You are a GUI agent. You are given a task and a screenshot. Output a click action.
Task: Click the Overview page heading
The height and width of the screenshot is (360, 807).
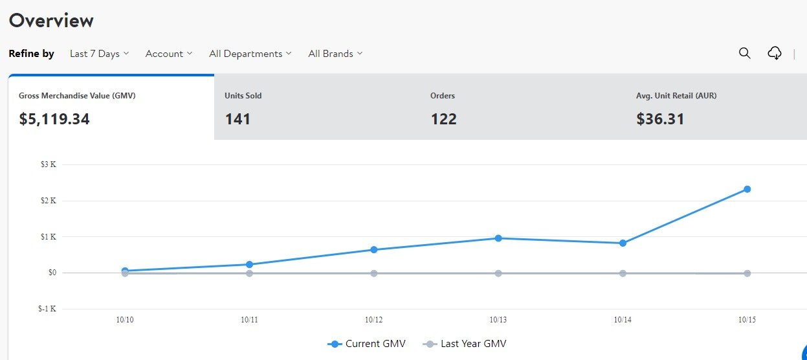point(51,21)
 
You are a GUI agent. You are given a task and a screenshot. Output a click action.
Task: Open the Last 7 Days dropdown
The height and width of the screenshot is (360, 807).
point(99,54)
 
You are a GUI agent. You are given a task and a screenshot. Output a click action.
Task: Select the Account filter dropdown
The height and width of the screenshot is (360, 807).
point(168,54)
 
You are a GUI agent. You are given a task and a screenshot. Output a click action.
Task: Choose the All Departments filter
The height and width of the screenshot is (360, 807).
point(250,54)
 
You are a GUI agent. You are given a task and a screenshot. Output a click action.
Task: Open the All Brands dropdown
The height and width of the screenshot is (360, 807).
point(335,54)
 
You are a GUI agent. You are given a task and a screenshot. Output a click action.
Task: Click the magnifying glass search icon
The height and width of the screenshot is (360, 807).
point(745,53)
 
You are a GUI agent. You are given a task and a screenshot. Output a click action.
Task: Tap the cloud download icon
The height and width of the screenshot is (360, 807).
point(775,53)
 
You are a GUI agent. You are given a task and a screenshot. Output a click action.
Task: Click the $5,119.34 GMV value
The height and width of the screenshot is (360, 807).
point(54,119)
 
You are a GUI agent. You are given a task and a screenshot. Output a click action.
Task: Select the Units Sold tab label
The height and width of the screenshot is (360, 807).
point(243,96)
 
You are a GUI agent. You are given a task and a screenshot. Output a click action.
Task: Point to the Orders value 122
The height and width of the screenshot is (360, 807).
point(444,119)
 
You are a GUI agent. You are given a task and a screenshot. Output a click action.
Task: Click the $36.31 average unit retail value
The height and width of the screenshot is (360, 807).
point(660,119)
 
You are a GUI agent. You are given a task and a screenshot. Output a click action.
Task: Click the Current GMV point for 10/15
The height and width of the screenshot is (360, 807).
point(747,189)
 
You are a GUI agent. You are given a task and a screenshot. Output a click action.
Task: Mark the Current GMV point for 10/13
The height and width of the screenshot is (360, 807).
point(498,238)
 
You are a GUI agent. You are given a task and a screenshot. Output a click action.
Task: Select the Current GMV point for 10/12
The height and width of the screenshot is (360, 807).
point(374,249)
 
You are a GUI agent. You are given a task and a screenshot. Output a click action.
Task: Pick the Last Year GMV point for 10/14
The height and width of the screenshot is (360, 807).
point(623,273)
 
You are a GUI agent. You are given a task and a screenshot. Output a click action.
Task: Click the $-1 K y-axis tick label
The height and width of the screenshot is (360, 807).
point(47,309)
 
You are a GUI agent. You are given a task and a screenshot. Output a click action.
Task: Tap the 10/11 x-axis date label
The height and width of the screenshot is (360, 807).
point(249,320)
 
